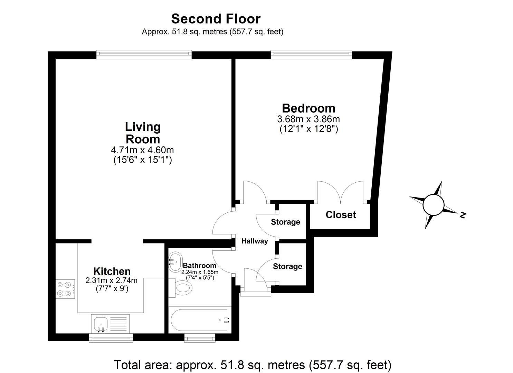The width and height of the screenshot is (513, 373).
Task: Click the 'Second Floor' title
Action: coord(216,18)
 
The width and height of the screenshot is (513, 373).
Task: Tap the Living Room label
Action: coord(143,133)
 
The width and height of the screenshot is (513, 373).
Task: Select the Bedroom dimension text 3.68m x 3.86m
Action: coord(308,119)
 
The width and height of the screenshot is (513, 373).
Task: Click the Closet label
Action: coord(341,215)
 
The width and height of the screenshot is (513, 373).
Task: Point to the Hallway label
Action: coord(254,241)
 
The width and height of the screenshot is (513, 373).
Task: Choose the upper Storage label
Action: coord(285,222)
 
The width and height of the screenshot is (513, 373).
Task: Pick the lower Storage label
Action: coord(287,266)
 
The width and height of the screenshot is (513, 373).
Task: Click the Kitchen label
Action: coord(112,271)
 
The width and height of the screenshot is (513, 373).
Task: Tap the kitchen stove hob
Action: coord(65,289)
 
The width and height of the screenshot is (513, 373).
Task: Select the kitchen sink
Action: coord(101,324)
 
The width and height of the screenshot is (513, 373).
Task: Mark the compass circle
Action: coord(433,204)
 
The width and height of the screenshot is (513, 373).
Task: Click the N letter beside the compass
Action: coord(463,215)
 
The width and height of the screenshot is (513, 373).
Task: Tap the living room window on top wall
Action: coord(144,54)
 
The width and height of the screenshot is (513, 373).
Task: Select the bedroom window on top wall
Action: coord(311,54)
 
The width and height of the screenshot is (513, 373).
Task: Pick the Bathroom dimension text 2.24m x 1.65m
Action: coord(200,272)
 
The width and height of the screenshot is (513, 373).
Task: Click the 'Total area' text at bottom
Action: coord(253,365)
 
